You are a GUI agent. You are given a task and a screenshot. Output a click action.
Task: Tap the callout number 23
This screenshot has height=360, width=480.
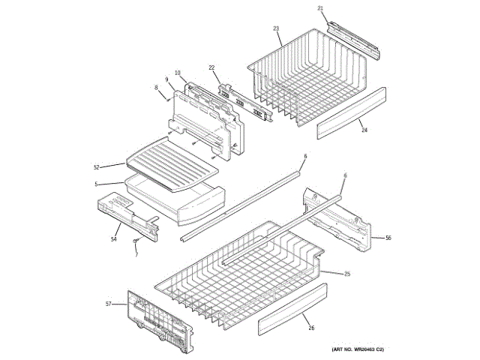(276, 28)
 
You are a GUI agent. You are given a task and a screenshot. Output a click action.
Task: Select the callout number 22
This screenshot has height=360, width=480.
(211, 67)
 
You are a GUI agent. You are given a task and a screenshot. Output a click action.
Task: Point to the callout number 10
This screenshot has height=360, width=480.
(178, 73)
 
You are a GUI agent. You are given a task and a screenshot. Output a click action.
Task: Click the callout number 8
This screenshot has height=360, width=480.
(157, 88)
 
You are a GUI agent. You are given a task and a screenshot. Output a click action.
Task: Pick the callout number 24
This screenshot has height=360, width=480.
(364, 130)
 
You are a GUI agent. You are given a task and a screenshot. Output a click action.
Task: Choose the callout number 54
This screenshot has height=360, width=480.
(114, 239)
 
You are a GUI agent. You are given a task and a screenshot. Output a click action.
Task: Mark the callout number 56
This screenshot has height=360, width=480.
(388, 238)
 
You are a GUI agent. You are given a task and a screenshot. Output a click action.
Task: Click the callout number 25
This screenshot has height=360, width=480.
(347, 273)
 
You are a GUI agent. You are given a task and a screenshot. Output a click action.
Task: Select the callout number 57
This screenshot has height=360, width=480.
(108, 304)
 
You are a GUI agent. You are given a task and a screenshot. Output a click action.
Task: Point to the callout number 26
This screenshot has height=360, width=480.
(311, 328)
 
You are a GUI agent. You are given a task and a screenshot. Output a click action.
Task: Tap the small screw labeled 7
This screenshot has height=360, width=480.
(136, 241)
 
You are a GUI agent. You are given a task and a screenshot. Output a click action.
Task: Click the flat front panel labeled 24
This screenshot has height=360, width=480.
(351, 113)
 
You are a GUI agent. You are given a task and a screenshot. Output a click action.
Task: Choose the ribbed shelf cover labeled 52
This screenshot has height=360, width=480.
(172, 158)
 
